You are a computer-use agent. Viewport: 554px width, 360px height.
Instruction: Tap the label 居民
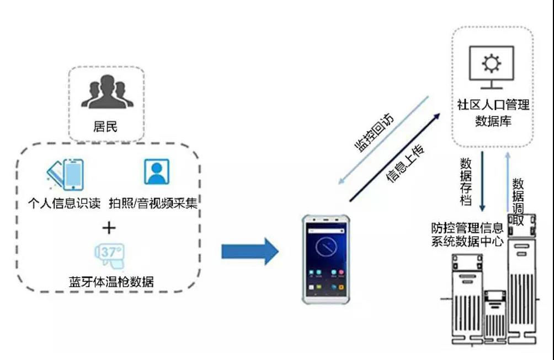pyautogui.click(x=106, y=127)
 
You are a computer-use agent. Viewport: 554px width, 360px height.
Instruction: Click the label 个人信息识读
pyautogui.click(x=65, y=203)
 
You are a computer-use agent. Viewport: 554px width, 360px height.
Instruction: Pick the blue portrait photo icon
pyautogui.click(x=157, y=171)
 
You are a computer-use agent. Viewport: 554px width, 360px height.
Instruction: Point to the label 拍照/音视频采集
pyautogui.click(x=158, y=203)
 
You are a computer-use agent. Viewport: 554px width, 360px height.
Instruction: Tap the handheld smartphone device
pyautogui.click(x=325, y=259)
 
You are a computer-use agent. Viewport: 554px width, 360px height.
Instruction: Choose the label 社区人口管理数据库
pyautogui.click(x=493, y=113)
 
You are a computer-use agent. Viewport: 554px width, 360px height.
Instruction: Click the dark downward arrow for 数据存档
pyautogui.click(x=483, y=182)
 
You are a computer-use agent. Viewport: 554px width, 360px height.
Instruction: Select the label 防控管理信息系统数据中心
pyautogui.click(x=467, y=234)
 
